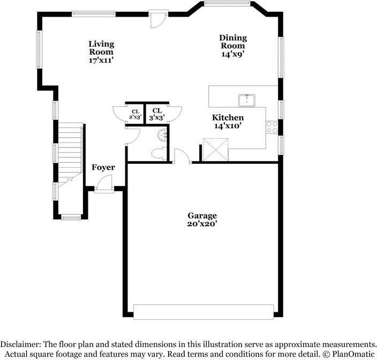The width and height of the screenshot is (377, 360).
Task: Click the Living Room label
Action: [101, 52]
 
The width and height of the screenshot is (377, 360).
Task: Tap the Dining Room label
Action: [233, 46]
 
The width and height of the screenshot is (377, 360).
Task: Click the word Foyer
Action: [103, 168]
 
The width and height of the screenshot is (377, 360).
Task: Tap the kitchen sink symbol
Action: [247, 100]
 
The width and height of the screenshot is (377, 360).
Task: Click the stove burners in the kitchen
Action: [272, 127]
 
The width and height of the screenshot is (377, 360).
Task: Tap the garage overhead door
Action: [203, 312]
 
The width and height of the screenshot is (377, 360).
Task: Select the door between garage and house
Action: [182, 157]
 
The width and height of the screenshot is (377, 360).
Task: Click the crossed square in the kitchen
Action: [215, 148]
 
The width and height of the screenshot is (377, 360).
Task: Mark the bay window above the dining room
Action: [227, 4]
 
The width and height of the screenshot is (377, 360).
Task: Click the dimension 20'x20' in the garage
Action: [202, 224]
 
